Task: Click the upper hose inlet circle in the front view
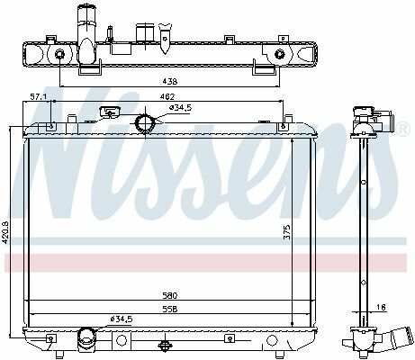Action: tap(144, 123)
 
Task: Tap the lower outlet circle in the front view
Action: tap(86, 338)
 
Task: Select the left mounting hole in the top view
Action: tap(59, 54)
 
